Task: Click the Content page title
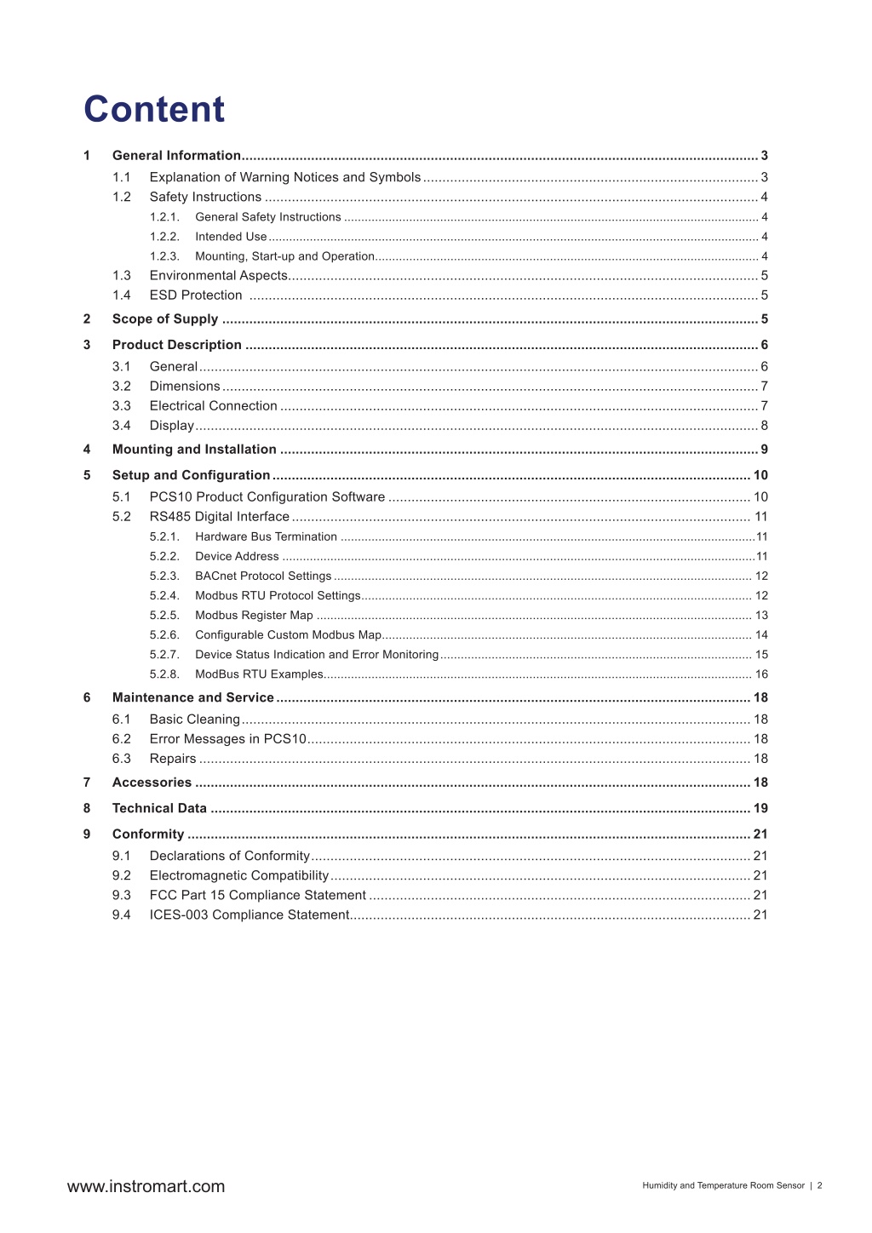coord(154,109)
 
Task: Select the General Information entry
coord(176,155)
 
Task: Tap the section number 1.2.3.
coord(164,256)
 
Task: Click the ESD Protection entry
coord(196,295)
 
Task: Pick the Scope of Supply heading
coord(165,319)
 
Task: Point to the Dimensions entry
coord(185,387)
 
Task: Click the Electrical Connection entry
coord(213,406)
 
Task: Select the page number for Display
coord(764,426)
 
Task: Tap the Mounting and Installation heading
coord(194,450)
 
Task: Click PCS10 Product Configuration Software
coord(267,497)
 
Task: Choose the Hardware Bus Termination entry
coord(266,537)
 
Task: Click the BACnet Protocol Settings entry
coord(263,576)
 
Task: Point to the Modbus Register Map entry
coord(254,616)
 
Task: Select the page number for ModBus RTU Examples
coord(761,674)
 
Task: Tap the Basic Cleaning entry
coord(195,720)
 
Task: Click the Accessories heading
coord(152,783)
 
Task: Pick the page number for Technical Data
coord(760,808)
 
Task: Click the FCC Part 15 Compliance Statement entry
coord(257,895)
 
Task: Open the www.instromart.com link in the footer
coord(146,1186)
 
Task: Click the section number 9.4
coord(122,915)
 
